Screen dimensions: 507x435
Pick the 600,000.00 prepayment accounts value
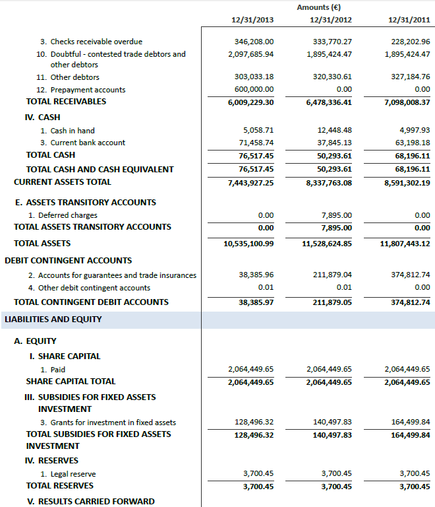[254, 90]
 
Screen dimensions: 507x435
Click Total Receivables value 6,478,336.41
[329, 102]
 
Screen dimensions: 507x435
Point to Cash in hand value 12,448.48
[334, 131]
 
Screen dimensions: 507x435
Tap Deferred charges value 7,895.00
[336, 215]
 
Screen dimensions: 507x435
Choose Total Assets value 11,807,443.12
[405, 244]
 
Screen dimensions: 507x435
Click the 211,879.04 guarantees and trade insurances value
[333, 275]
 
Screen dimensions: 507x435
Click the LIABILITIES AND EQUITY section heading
[53, 320]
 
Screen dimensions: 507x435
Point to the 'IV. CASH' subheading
[42, 118]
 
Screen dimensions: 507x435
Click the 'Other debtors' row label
[74, 77]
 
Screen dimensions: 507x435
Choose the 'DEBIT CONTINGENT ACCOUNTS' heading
[68, 261]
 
